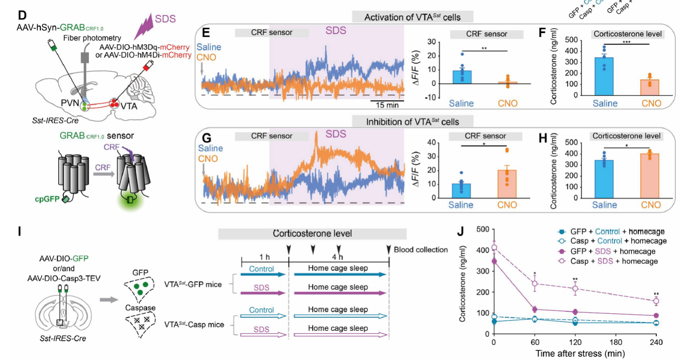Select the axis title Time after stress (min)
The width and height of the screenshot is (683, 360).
pyautogui.click(x=580, y=354)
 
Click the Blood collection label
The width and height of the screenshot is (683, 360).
pyautogui.click(x=421, y=250)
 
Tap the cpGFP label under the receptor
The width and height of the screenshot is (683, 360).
pyautogui.click(x=47, y=199)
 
